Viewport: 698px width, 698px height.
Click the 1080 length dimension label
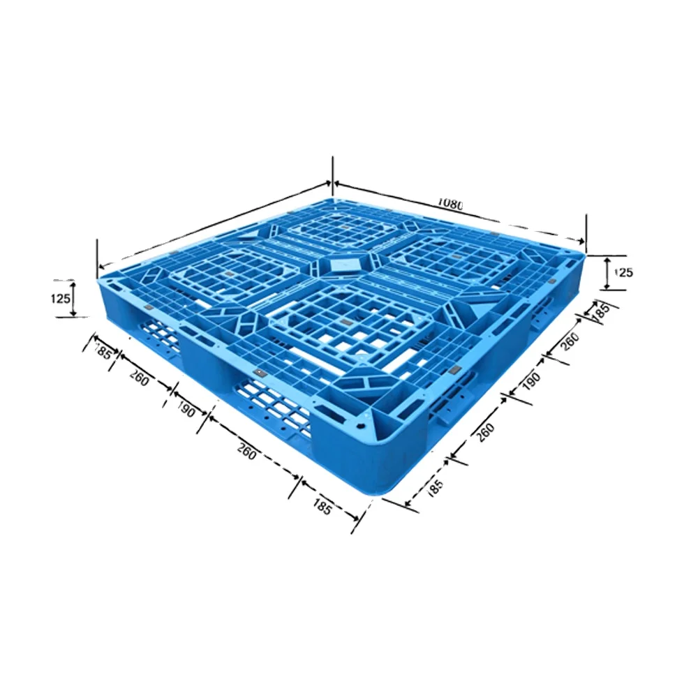click(x=450, y=204)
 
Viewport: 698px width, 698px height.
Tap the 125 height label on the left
click(x=61, y=299)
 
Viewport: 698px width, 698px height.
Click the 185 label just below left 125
click(x=103, y=351)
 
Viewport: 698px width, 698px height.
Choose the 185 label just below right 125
click(x=600, y=311)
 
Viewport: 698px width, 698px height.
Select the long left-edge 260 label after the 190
click(x=246, y=452)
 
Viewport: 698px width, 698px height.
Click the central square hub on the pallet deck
click(x=342, y=265)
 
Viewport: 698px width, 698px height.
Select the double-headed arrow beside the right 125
click(x=607, y=272)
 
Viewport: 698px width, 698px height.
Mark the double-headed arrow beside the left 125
click(x=75, y=299)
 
